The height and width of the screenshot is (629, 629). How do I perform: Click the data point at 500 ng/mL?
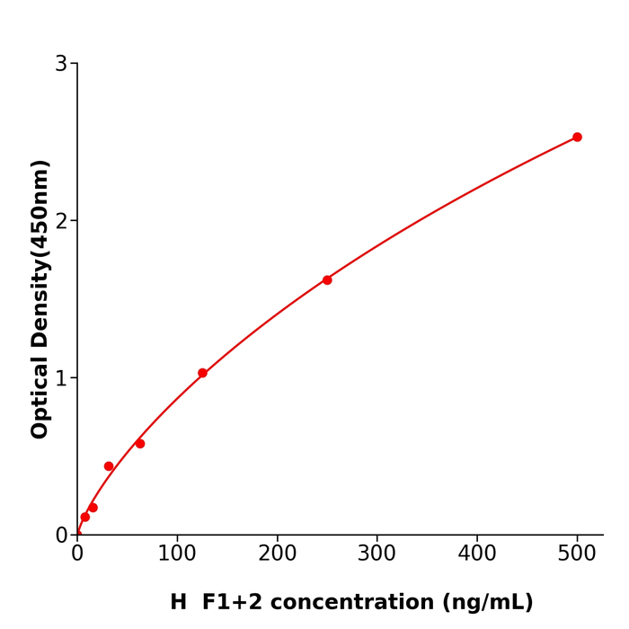point(577,137)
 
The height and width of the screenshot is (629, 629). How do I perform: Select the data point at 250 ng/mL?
point(327,280)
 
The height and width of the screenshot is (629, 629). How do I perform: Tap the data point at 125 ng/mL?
point(202,373)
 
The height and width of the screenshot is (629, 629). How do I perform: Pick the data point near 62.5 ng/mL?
point(140,444)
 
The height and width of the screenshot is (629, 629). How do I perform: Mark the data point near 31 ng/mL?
point(109,466)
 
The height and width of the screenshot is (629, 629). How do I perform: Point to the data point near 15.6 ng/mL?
point(93,508)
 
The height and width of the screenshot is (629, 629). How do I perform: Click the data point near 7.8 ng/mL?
point(85,517)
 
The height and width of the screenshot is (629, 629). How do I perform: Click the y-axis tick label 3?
point(61,64)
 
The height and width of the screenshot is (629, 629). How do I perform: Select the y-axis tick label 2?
point(61,221)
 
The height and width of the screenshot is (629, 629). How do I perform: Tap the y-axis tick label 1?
point(61,378)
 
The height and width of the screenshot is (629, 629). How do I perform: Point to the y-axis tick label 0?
point(61,536)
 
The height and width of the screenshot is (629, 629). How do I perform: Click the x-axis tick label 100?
point(177,554)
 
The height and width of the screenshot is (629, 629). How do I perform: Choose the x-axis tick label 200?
point(277,554)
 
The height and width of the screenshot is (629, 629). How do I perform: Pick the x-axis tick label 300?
point(377,554)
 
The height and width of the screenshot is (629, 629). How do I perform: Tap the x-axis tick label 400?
point(476,554)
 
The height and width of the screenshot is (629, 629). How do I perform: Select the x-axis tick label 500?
point(577,554)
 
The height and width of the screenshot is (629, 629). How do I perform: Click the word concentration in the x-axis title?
point(339,603)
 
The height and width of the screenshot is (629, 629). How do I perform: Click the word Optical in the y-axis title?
point(40,397)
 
